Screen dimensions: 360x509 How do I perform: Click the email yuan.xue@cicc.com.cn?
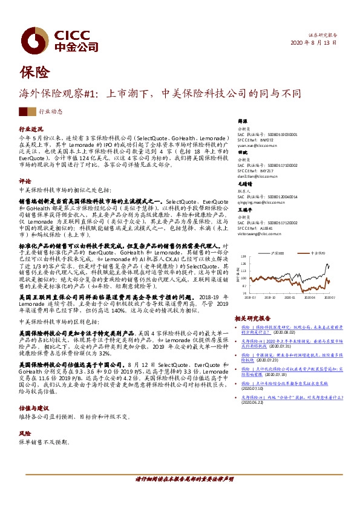click(254, 146)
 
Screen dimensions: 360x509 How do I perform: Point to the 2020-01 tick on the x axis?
click(292, 297)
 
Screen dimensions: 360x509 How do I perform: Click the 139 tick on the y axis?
click(243, 256)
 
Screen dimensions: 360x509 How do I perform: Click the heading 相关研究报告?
click(253, 317)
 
